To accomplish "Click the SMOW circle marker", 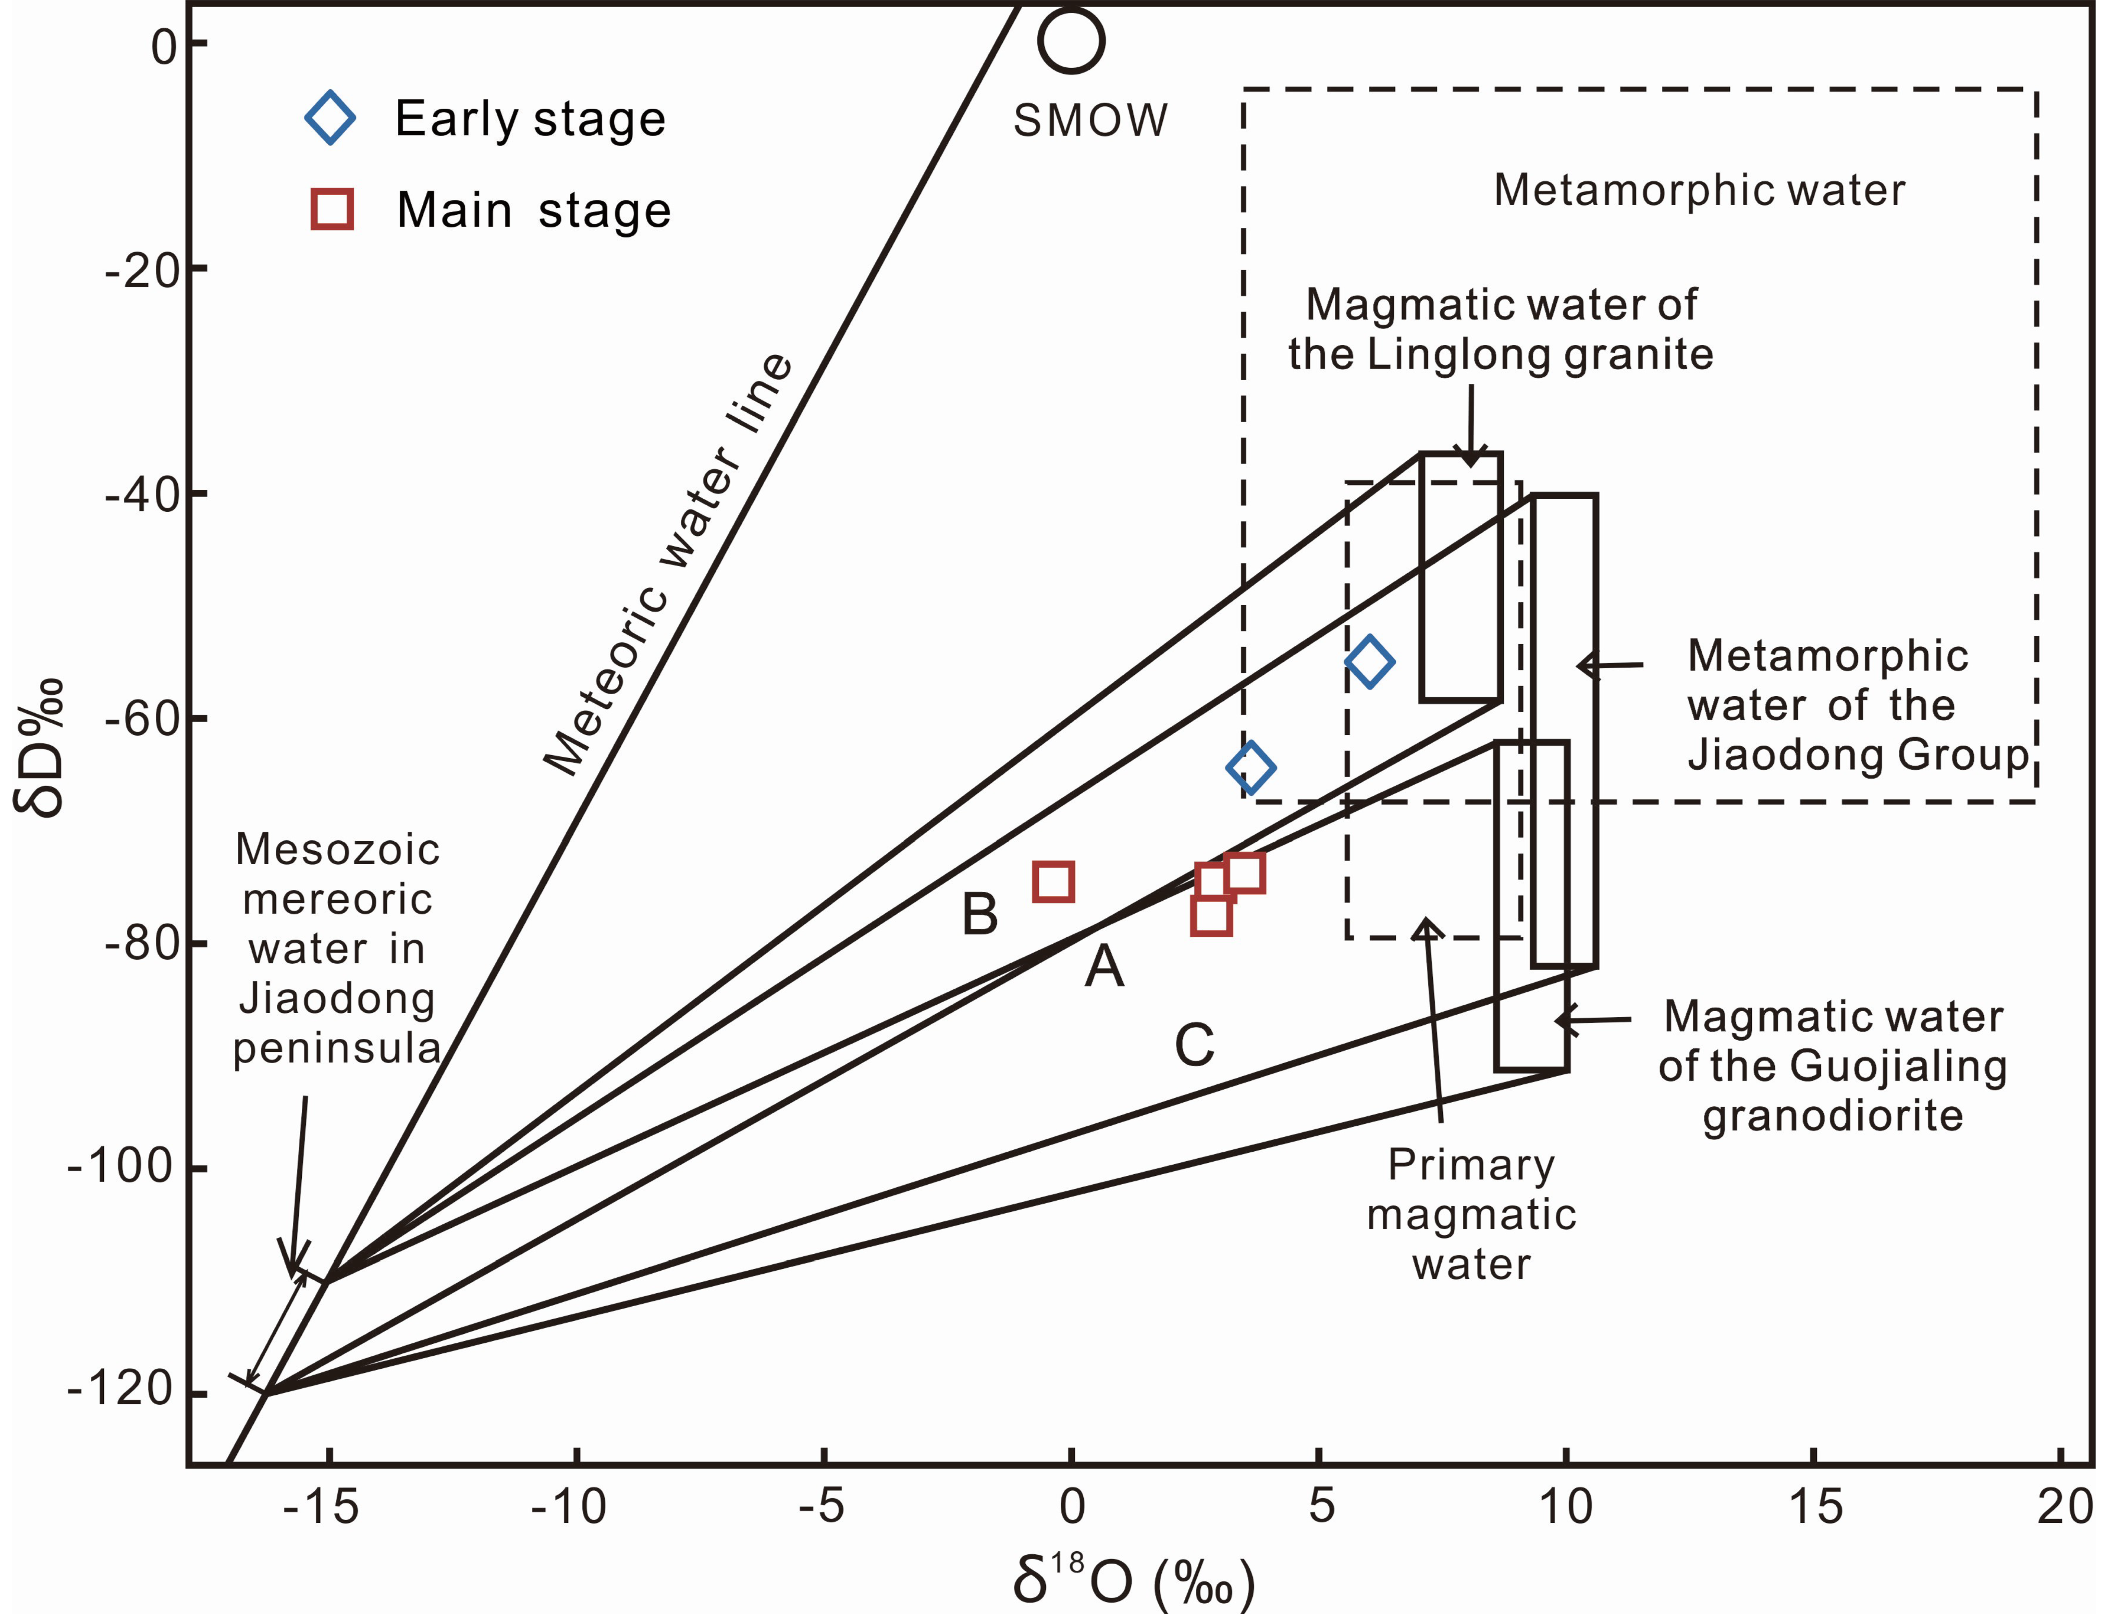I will tap(1071, 40).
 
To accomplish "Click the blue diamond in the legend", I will tap(330, 118).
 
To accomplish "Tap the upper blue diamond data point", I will tap(1369, 661).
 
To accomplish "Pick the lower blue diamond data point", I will tap(1250, 768).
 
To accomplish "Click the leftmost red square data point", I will tap(1053, 881).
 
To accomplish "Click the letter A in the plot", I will tap(1104, 966).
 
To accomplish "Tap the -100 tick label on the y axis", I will tap(120, 1167).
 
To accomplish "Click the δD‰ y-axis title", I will tap(40, 747).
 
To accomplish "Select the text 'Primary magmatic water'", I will tap(1471, 1214).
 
